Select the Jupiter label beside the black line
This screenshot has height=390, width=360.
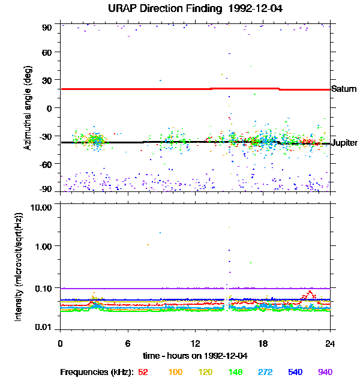click(x=344, y=143)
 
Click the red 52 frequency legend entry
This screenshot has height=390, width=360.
click(x=143, y=372)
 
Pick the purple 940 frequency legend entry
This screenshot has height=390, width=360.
click(x=325, y=372)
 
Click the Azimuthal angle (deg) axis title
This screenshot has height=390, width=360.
click(x=27, y=108)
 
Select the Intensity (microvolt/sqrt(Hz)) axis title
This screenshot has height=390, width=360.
click(x=19, y=266)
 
